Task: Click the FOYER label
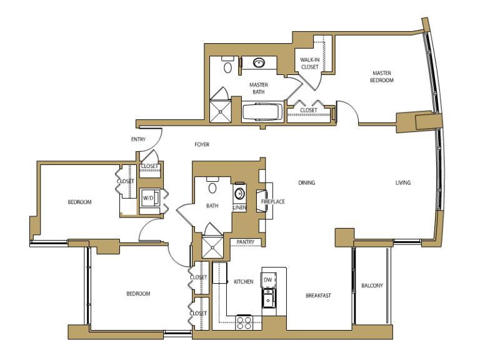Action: pos(202,144)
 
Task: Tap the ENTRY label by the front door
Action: pos(138,139)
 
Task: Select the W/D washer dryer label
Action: pos(148,198)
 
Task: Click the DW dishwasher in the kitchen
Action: pos(268,280)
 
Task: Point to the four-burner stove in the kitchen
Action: pos(244,322)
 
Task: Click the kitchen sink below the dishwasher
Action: pos(269,298)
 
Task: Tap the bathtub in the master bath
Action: pos(262,112)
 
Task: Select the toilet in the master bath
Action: pos(227,65)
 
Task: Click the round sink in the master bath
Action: pos(259,62)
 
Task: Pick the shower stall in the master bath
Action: pos(221,111)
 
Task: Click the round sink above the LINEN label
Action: pos(239,194)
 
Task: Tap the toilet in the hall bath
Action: pos(212,186)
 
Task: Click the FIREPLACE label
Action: pos(272,202)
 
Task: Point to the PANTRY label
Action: pos(246,242)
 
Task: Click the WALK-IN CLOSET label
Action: pos(310,63)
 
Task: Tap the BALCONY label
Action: pos(372,286)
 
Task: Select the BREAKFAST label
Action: pos(318,296)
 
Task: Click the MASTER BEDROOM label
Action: pos(382,76)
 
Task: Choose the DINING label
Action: pos(307,182)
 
